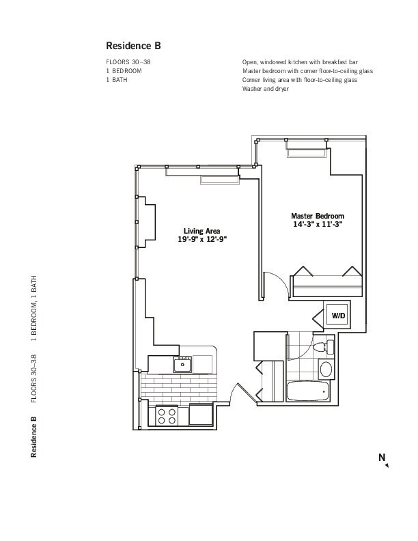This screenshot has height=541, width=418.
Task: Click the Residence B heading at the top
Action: click(133, 46)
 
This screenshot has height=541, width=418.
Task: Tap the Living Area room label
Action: click(201, 231)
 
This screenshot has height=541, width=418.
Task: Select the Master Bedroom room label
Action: click(318, 216)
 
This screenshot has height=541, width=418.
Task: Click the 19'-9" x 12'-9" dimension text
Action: click(202, 240)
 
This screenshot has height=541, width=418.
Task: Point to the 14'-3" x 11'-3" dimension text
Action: click(318, 224)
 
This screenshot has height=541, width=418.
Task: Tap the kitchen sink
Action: click(182, 364)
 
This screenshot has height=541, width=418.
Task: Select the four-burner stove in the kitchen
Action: click(167, 416)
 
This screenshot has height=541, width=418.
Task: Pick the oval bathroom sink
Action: click(326, 369)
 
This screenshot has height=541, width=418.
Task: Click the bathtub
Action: click(308, 391)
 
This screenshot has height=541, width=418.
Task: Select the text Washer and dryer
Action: click(266, 89)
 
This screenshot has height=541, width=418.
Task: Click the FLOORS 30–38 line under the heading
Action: click(128, 62)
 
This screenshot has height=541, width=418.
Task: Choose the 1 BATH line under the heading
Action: click(117, 80)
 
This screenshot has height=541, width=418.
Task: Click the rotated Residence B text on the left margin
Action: click(33, 437)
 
